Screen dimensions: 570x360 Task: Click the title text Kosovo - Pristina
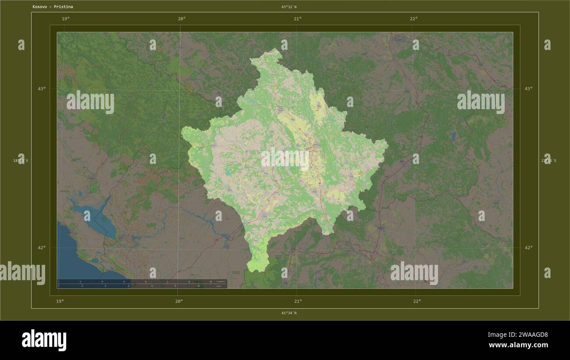[x=53, y=7]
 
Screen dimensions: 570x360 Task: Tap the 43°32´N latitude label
[x=289, y=7]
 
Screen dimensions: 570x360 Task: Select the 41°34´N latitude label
[x=289, y=313]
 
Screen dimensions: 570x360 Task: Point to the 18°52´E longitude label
[x=21, y=161]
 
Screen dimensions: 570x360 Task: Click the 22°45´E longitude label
[x=549, y=161]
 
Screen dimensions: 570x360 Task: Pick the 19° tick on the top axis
[x=65, y=18]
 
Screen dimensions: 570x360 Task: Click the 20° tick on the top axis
[x=182, y=18]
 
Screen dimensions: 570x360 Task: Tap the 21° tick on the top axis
[x=298, y=18]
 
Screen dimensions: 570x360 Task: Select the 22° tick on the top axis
[x=413, y=18]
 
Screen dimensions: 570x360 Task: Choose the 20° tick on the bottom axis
[x=179, y=301]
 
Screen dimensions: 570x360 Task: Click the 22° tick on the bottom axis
[x=417, y=301]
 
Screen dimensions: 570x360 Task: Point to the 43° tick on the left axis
[x=42, y=89]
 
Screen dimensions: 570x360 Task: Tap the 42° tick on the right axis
[x=529, y=247]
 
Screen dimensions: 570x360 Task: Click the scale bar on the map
[x=142, y=284]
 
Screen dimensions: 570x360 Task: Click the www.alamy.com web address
[x=518, y=345]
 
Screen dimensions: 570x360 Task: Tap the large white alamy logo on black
[x=44, y=340]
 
